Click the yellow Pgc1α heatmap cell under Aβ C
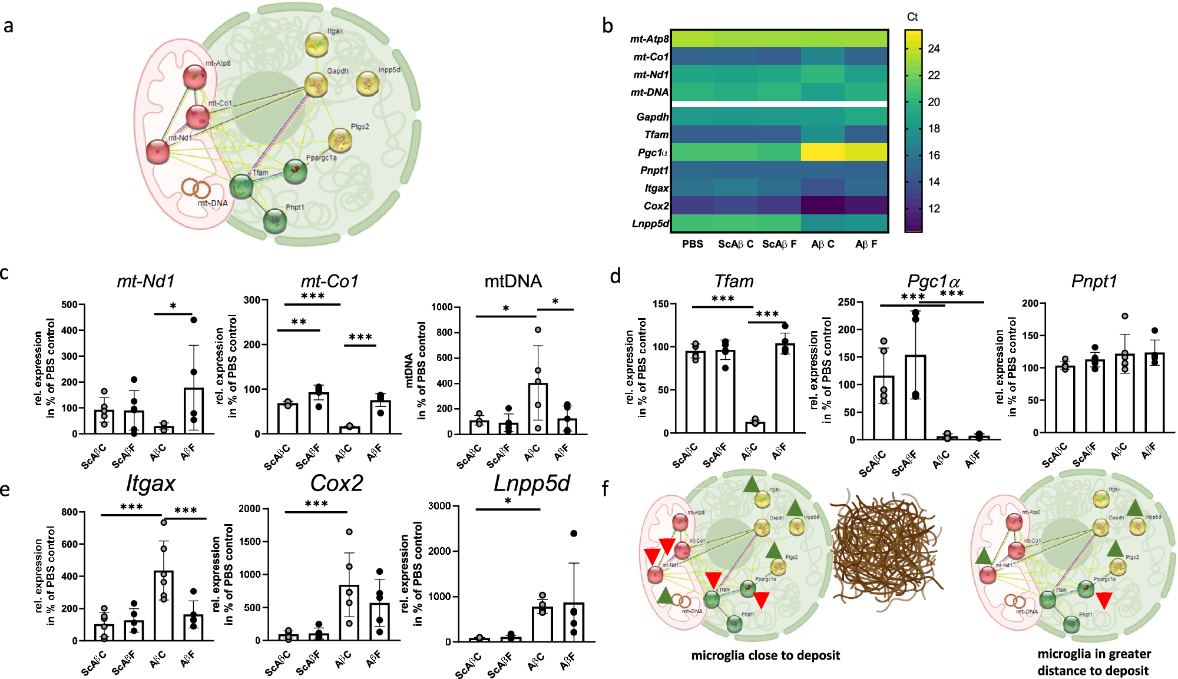(x=822, y=152)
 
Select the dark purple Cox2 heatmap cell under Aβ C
(x=822, y=205)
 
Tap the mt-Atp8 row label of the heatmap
(x=649, y=39)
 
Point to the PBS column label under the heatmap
(x=692, y=244)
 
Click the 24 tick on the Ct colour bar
(x=934, y=49)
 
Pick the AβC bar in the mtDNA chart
(x=537, y=409)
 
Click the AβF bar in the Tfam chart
(x=785, y=389)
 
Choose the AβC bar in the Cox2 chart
(x=349, y=612)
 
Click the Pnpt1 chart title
(x=1094, y=281)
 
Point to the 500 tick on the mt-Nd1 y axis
(x=70, y=304)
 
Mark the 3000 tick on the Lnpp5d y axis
(x=439, y=506)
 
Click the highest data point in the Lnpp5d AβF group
(x=574, y=534)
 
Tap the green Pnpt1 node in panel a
(x=274, y=221)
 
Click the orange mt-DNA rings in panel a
(x=196, y=188)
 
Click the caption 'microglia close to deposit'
(x=765, y=655)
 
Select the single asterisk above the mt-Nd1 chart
(x=173, y=306)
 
